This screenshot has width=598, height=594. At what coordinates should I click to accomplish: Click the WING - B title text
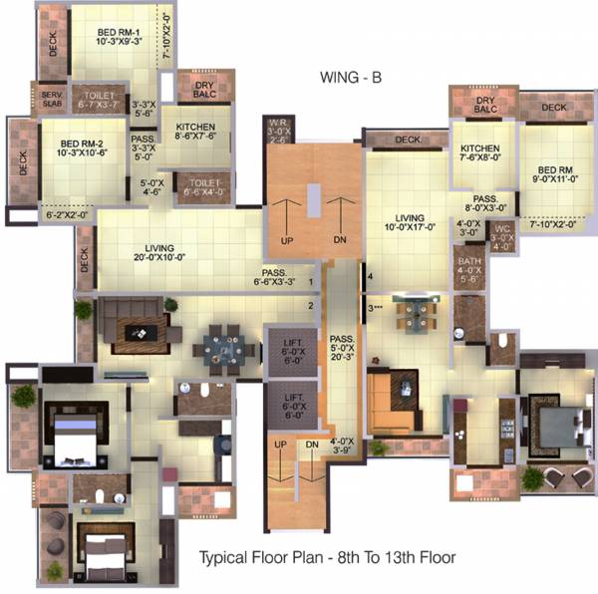coord(351,77)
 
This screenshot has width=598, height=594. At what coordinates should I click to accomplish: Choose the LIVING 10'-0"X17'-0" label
coord(410,224)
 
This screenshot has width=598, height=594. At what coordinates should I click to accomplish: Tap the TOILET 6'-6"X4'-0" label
coord(202,186)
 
